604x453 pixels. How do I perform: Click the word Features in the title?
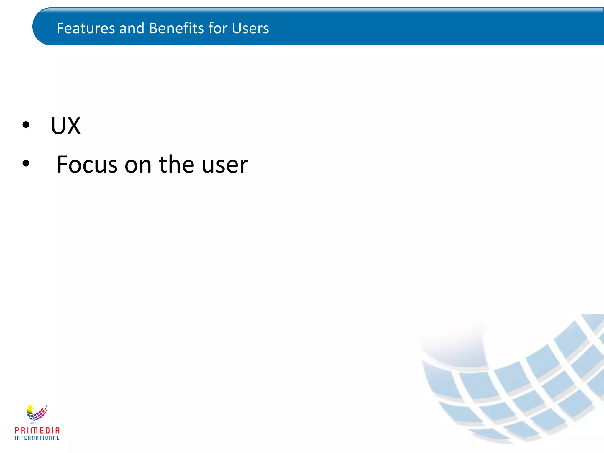86,28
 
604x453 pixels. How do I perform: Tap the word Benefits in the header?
176,28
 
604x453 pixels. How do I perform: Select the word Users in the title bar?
250,28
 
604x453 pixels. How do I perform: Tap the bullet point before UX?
26,125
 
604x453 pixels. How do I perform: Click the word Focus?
87,164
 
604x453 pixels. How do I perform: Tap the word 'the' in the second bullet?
176,164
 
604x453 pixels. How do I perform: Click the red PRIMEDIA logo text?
37,430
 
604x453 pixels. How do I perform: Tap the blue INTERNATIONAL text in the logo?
37,438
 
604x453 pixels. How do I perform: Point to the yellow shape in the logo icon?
30,409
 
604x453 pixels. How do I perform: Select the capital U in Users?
236,28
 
